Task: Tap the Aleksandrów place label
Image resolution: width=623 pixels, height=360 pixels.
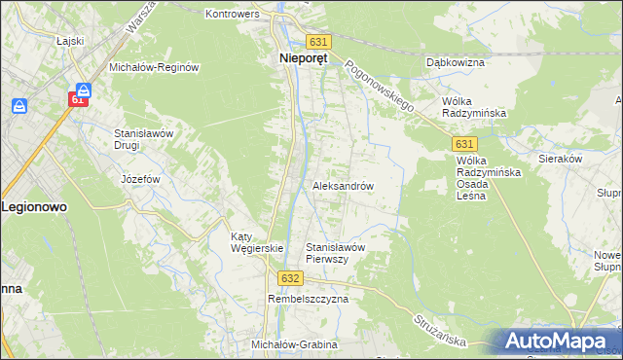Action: click(343, 185)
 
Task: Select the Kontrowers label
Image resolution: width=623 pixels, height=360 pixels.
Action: click(237, 15)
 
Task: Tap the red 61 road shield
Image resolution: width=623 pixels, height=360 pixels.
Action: click(79, 99)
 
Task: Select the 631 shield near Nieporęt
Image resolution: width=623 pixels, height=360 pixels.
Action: click(319, 42)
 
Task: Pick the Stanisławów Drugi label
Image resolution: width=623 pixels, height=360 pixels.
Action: click(143, 138)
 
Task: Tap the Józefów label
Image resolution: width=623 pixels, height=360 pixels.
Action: click(140, 180)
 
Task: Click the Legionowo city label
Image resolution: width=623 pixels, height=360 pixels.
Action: click(34, 207)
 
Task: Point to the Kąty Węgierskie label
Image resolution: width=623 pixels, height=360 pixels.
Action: click(256, 242)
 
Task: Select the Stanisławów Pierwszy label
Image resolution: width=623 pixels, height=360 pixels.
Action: click(335, 253)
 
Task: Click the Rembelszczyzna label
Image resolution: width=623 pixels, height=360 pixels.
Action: click(308, 300)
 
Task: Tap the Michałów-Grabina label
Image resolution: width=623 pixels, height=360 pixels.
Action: click(294, 345)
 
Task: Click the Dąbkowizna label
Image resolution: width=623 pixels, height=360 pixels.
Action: click(455, 62)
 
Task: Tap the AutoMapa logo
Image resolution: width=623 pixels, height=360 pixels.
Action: click(559, 342)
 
